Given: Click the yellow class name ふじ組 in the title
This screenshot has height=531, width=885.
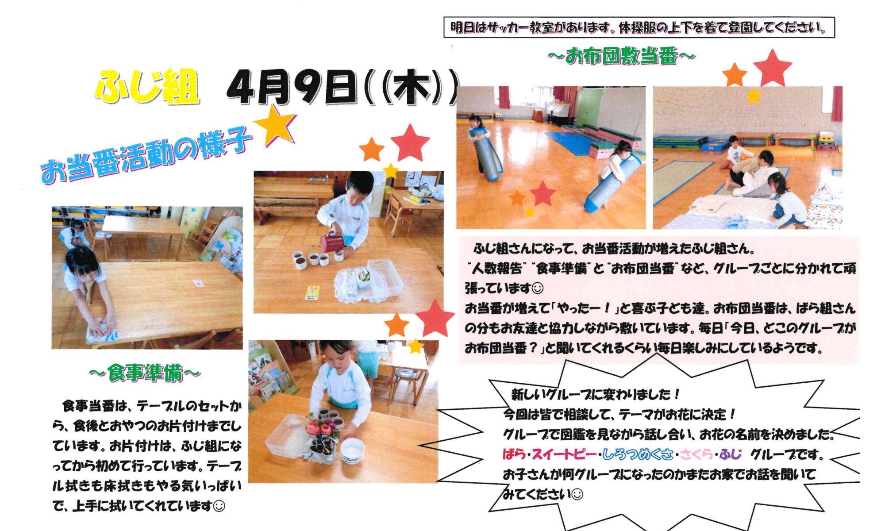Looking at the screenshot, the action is (x=146, y=87).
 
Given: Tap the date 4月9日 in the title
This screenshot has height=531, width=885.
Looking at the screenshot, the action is (x=292, y=87).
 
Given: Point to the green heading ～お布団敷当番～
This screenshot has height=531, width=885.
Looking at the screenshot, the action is (x=622, y=57).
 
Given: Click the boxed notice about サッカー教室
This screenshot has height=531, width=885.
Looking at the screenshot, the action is (x=639, y=27).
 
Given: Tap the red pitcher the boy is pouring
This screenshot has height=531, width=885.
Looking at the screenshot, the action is (x=332, y=242).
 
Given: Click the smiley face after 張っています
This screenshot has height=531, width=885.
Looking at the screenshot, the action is (x=537, y=289).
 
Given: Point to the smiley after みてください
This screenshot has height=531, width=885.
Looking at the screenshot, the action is (x=577, y=494).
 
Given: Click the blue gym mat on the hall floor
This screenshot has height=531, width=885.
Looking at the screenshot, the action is (x=571, y=141).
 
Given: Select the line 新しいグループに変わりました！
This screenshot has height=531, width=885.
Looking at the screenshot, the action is (x=595, y=394).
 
